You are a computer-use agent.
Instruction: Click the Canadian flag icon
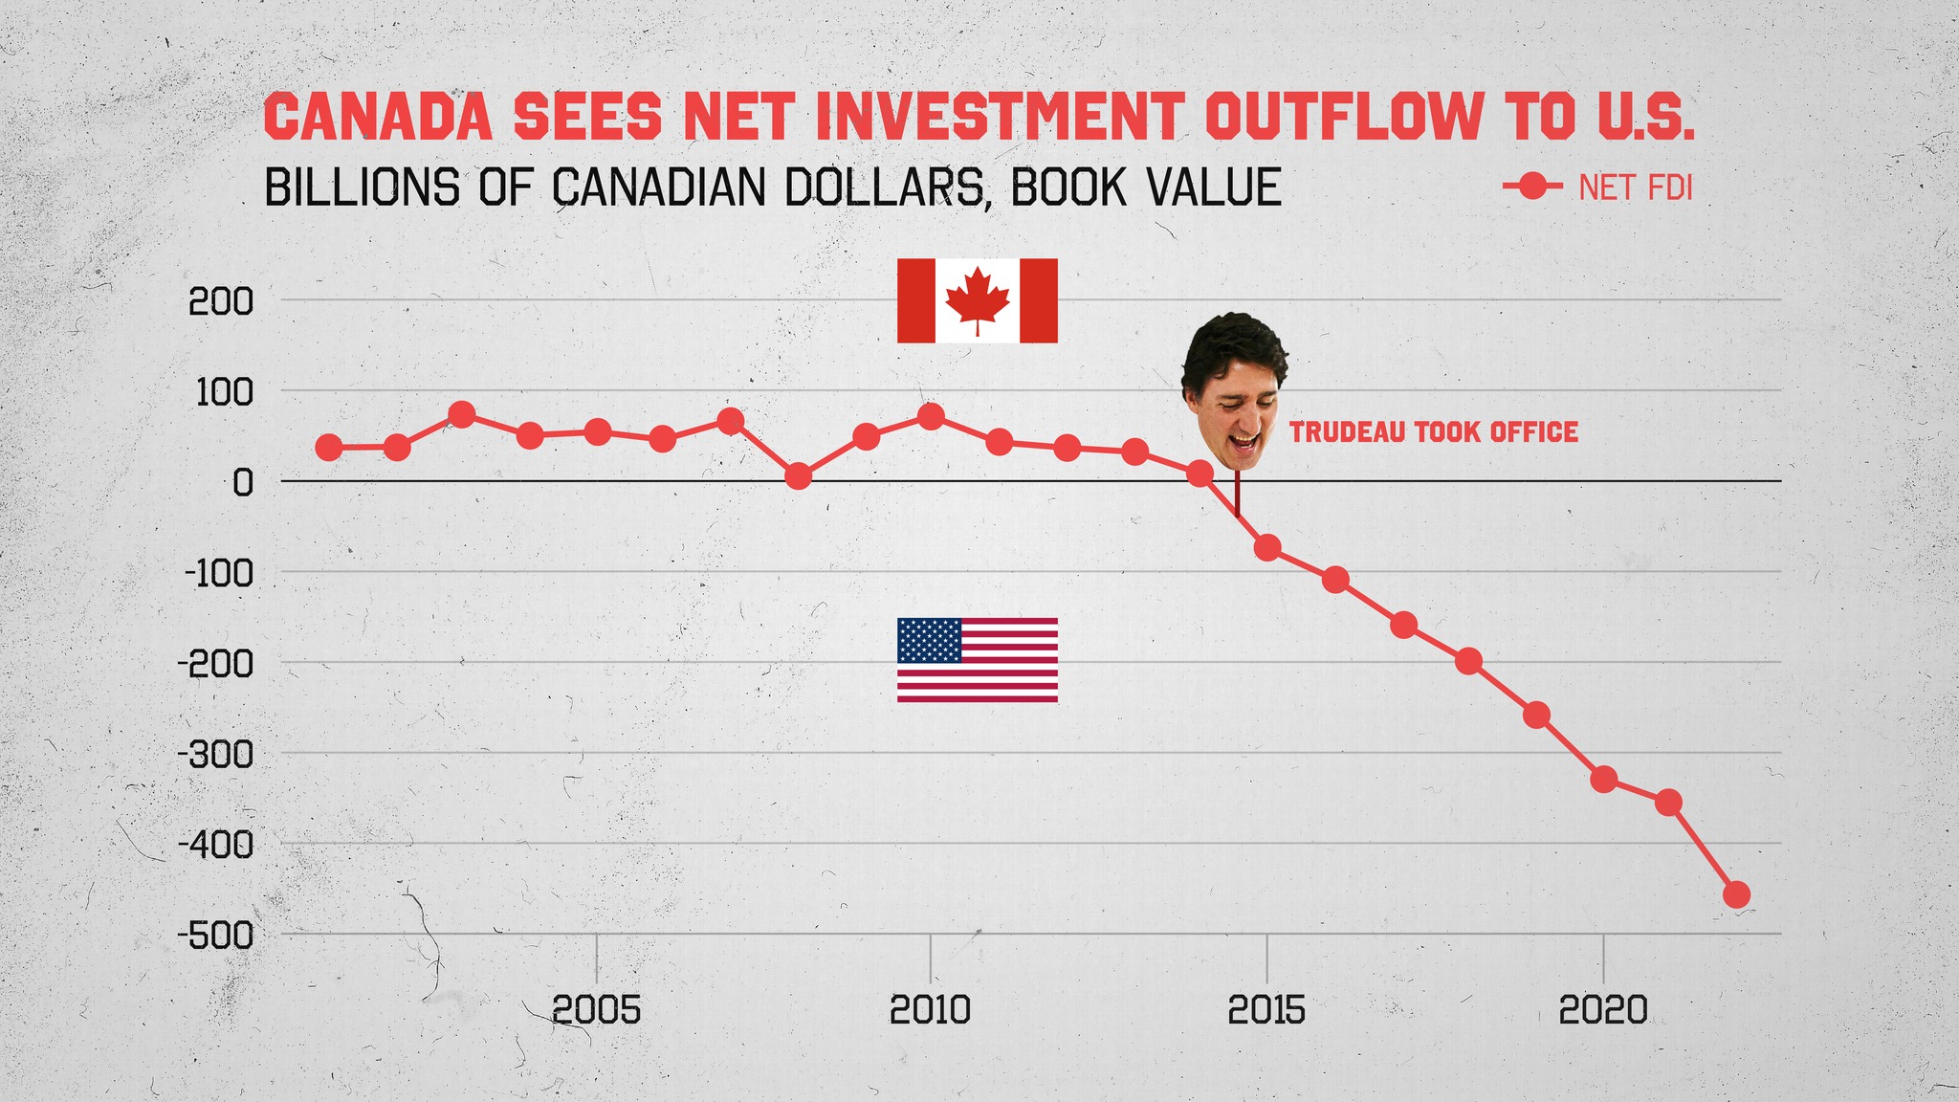(977, 300)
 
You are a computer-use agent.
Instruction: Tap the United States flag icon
(977, 660)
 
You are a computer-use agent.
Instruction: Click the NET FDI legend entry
(1597, 187)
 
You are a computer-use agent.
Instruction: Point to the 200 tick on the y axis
(221, 303)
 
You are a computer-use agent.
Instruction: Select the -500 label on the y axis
(215, 936)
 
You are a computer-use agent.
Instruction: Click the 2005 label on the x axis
(597, 1010)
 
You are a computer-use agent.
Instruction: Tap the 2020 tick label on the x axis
(1603, 1010)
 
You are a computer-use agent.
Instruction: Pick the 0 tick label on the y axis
(242, 483)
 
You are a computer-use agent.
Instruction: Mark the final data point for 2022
(1736, 895)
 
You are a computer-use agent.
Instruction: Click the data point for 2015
(1267, 548)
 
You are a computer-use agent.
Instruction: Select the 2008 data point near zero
(798, 475)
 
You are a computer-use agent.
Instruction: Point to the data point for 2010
(931, 416)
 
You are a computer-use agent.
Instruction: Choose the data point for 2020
(1603, 780)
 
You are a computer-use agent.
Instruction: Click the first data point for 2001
(328, 447)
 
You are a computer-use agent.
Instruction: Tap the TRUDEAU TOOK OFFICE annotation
(1433, 432)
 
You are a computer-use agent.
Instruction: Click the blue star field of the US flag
(929, 640)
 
